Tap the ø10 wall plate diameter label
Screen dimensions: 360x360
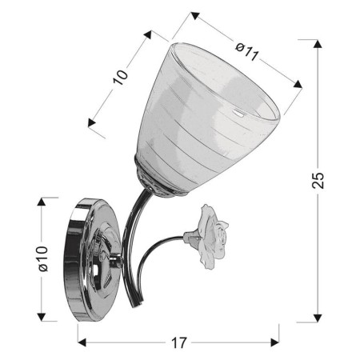point(44,258)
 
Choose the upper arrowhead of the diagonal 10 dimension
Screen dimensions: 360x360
point(148,34)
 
